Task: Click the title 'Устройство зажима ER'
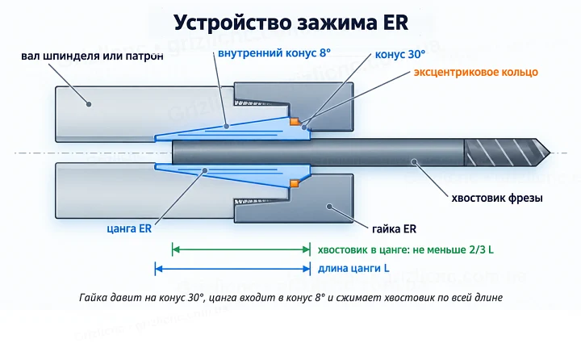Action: (290, 23)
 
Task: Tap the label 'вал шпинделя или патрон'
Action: (92, 56)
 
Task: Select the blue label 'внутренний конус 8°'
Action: (274, 53)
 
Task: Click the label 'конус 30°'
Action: (399, 55)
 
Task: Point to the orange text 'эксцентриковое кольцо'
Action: (476, 72)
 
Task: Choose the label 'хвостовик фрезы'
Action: (497, 198)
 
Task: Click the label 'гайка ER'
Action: (395, 228)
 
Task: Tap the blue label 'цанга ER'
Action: (129, 228)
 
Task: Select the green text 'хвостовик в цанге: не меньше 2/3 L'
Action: (406, 250)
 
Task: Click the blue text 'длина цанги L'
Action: (353, 268)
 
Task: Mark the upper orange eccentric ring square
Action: (295, 121)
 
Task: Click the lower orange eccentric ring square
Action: (295, 183)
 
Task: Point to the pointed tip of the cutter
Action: (550, 153)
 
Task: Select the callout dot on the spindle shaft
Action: (89, 104)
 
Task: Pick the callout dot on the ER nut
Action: (329, 206)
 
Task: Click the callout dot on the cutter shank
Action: (415, 161)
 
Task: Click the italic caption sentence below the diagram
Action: (290, 298)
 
